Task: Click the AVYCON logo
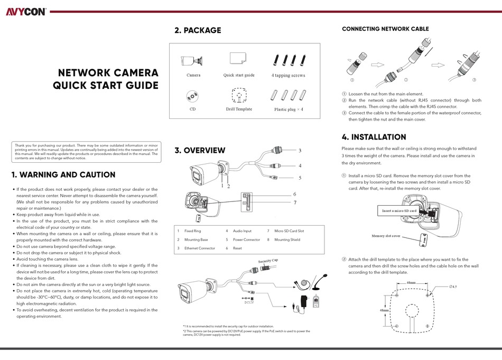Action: point(26,11)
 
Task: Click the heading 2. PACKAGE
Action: point(198,30)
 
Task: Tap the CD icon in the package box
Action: point(193,96)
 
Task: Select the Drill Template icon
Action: point(239,96)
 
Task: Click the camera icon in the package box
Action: point(193,60)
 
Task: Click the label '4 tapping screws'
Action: point(289,76)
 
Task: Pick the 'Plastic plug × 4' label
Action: point(289,109)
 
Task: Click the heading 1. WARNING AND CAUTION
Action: point(63,174)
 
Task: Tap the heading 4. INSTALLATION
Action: point(374,137)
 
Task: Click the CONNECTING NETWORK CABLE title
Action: point(385,29)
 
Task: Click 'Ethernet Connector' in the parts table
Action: point(199,248)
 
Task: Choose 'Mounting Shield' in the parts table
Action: point(287,239)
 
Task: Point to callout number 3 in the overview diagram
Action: point(300,151)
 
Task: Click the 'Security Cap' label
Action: point(268,261)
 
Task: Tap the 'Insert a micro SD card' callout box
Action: point(399,211)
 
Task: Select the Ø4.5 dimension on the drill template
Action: point(453,286)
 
